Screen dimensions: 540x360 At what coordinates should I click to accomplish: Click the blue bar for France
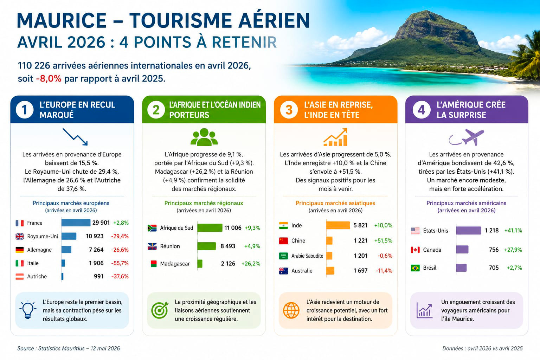pyautogui.click(x=76, y=223)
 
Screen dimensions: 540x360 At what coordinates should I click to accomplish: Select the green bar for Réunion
pyautogui.click(x=207, y=246)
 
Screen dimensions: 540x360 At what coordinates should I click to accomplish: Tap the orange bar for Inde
pyautogui.click(x=338, y=225)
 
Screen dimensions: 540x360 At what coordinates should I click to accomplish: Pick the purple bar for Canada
pyautogui.click(x=462, y=250)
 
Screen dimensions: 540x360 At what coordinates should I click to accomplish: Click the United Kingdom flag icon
pyautogui.click(x=20, y=236)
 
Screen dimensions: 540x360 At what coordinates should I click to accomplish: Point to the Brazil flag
pyautogui.click(x=415, y=268)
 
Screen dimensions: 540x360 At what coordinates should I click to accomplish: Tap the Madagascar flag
pyautogui.click(x=154, y=264)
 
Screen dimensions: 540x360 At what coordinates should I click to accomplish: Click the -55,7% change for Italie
pyautogui.click(x=120, y=263)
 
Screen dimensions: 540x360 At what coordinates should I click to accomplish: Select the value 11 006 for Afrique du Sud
pyautogui.click(x=233, y=228)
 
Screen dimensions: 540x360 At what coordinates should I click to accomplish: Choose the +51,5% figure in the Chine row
pyautogui.click(x=383, y=240)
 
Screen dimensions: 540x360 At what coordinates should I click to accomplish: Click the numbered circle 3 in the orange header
pyautogui.click(x=289, y=110)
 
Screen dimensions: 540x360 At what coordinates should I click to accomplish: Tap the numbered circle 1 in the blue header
pyautogui.click(x=25, y=110)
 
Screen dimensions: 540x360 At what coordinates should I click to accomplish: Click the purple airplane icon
pyautogui.click(x=467, y=137)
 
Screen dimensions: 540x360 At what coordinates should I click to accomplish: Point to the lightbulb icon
pyautogui.click(x=28, y=310)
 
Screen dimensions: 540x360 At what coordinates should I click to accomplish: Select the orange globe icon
pyautogui.click(x=291, y=310)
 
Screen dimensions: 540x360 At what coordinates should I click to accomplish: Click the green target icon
pyautogui.click(x=160, y=310)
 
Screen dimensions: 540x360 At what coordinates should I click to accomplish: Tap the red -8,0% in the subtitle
pyautogui.click(x=49, y=79)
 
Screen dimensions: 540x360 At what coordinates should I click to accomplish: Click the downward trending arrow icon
pyautogui.click(x=75, y=137)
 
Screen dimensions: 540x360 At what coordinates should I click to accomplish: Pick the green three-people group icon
pyautogui.click(x=204, y=137)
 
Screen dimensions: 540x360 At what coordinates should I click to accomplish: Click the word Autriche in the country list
pyautogui.click(x=37, y=276)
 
